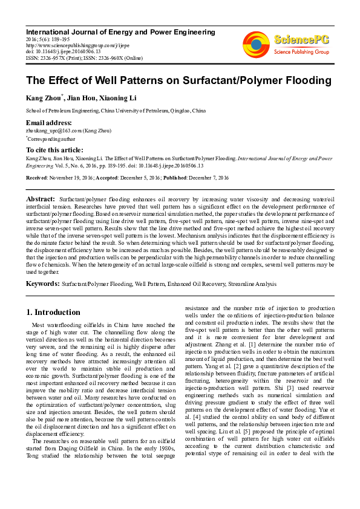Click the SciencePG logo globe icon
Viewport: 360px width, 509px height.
point(256,44)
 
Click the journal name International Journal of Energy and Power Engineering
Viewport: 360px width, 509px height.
point(120,31)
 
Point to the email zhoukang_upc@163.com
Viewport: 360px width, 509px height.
point(53,130)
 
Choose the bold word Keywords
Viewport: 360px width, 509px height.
point(42,282)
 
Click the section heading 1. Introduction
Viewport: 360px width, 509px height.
point(54,312)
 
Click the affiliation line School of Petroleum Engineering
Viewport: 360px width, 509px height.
point(116,111)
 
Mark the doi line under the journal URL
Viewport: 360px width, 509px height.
point(61,51)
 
